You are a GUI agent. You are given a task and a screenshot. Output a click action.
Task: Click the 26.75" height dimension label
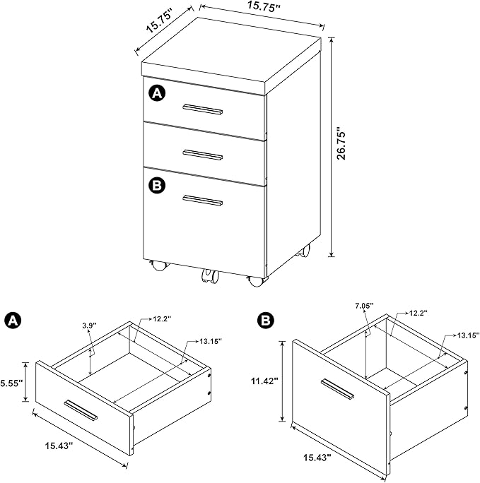coord(341,143)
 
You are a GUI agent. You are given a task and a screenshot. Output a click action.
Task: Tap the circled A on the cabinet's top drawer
coord(157,93)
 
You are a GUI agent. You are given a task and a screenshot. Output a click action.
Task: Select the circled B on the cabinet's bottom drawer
coord(157,186)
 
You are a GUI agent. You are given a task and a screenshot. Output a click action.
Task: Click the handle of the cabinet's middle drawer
coord(203,155)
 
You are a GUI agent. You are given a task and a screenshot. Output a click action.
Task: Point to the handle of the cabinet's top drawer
coord(203,109)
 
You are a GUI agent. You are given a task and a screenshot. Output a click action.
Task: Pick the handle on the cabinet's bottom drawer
coord(203,201)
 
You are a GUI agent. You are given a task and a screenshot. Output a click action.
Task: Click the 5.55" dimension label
coord(12,383)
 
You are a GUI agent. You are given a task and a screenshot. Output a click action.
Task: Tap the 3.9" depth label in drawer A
coord(89,325)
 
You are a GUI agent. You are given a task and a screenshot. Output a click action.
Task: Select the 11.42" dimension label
coord(264,381)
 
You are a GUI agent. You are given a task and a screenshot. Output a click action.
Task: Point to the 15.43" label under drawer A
coord(59,446)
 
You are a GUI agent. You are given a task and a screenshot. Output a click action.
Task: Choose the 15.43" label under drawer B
coord(317,458)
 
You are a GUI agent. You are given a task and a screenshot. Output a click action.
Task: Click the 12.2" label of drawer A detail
coord(162,318)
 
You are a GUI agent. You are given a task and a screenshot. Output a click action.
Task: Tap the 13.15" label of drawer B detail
coord(469,335)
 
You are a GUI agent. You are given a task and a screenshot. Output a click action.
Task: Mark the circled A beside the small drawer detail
coord(13,321)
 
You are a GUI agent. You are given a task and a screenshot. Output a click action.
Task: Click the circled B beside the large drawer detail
coord(265,320)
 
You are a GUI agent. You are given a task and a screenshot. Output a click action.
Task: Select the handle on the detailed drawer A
coord(81,410)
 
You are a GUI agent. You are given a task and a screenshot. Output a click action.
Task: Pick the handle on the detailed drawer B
coord(337,389)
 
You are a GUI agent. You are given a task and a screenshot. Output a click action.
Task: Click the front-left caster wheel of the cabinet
coord(159,266)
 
